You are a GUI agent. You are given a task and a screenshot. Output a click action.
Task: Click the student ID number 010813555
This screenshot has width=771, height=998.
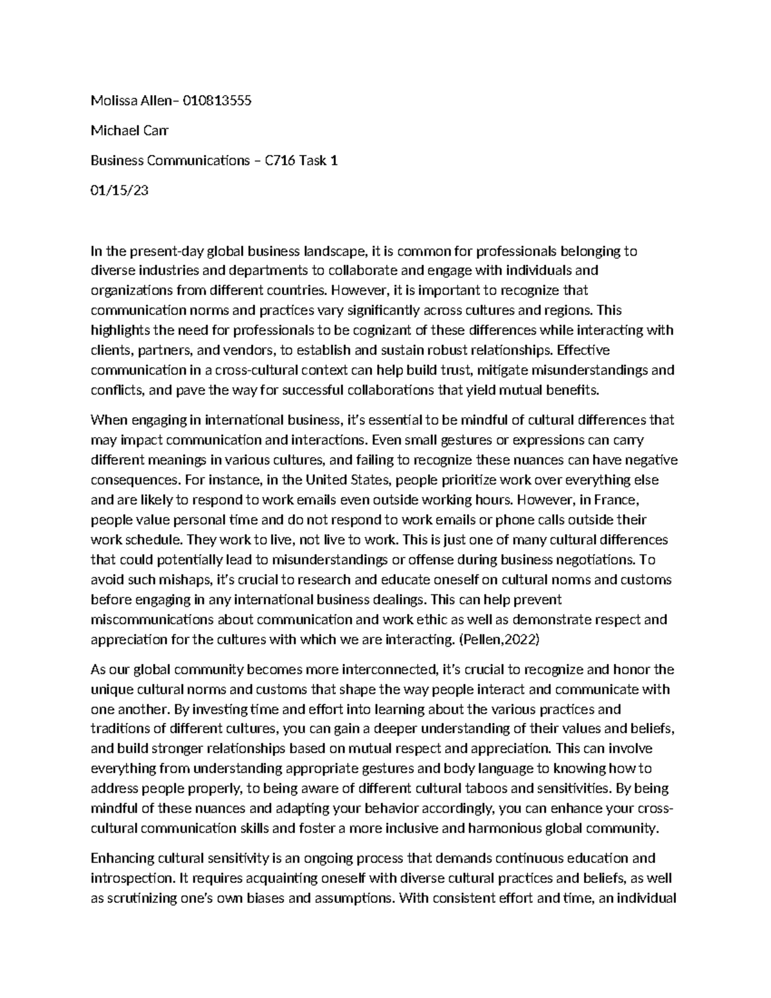(x=217, y=100)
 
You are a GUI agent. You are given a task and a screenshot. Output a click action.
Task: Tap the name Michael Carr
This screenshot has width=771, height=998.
(x=129, y=130)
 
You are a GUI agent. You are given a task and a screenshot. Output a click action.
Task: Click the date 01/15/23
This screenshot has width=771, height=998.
(x=120, y=191)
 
